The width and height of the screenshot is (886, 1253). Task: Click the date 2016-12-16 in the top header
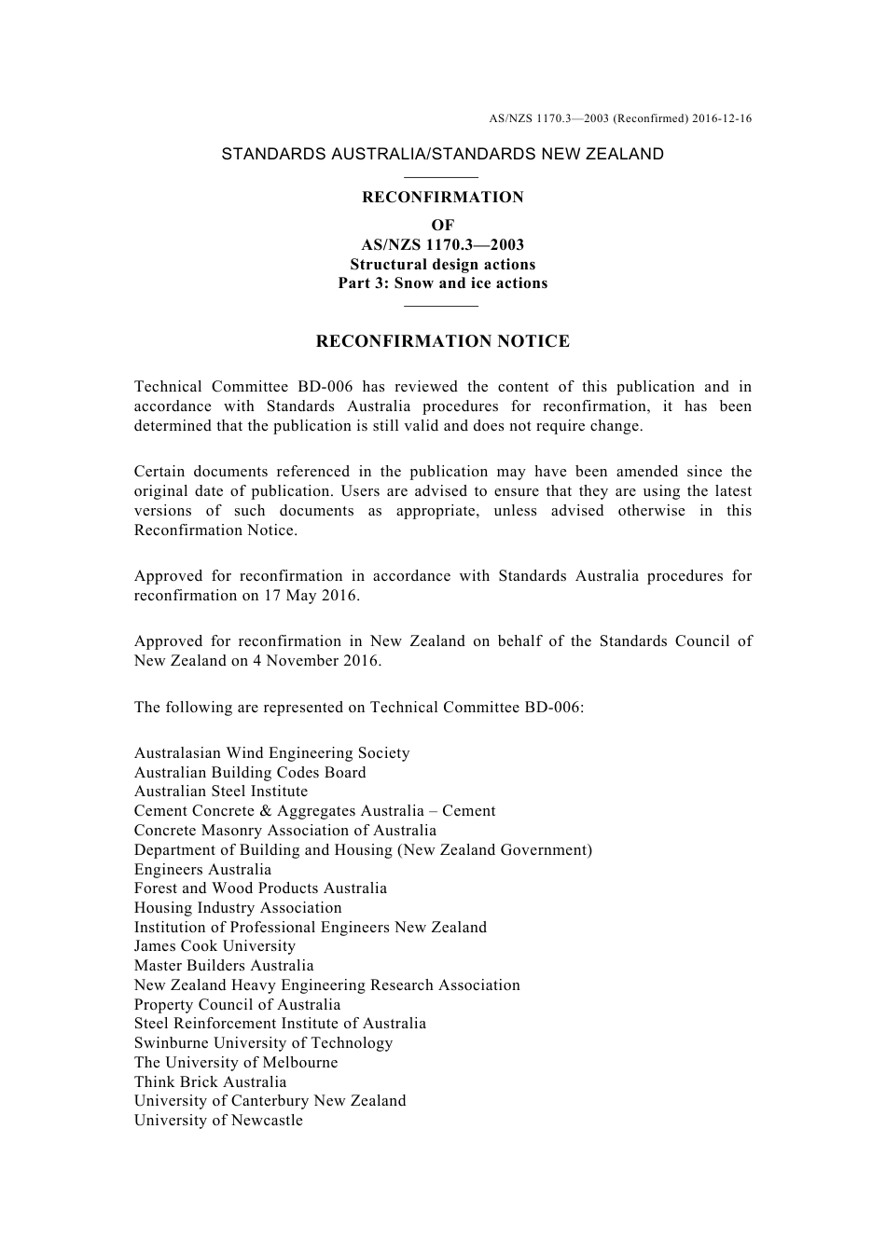(721, 118)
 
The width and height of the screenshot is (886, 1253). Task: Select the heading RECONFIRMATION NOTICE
(443, 342)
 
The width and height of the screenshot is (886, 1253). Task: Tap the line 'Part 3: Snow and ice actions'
(443, 283)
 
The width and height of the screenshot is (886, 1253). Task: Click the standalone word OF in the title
(443, 226)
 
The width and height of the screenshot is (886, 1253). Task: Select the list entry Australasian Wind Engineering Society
(271, 753)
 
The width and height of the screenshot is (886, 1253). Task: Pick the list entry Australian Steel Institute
(220, 792)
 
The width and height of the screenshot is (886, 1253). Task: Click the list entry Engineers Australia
(202, 869)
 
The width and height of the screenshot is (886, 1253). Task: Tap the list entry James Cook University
(215, 946)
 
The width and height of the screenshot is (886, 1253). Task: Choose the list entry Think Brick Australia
(210, 1082)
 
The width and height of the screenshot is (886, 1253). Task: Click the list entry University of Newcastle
(218, 1121)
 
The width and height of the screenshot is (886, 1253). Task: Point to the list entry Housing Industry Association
(238, 908)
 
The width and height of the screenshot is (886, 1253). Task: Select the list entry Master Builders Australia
(224, 966)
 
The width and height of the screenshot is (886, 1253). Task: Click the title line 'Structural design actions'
(443, 265)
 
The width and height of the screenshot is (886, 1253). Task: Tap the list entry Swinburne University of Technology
(263, 1043)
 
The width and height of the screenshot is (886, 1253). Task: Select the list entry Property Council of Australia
(237, 1005)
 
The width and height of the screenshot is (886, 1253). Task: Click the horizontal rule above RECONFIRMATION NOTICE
(442, 305)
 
